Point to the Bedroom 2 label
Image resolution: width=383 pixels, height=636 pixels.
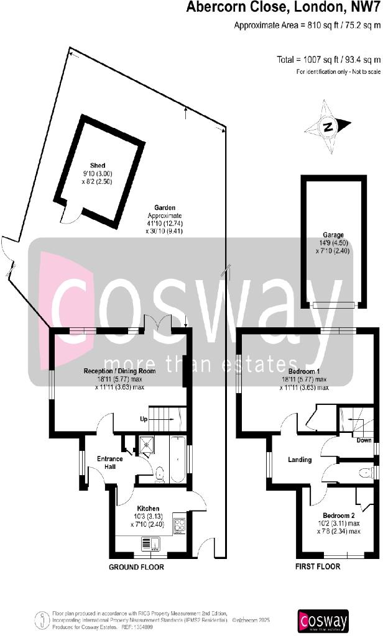(x=339, y=516)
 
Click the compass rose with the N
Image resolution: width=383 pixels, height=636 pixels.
(x=328, y=127)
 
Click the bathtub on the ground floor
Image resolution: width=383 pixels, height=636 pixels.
(x=177, y=459)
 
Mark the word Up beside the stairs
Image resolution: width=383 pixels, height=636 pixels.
(x=143, y=419)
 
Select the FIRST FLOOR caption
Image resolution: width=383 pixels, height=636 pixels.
(x=318, y=567)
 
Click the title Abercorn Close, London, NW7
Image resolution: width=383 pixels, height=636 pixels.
(x=283, y=8)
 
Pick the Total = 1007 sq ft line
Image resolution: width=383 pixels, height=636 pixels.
(x=328, y=60)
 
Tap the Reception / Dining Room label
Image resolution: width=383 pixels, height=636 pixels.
(x=119, y=371)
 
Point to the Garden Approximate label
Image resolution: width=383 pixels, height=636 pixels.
(x=165, y=219)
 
